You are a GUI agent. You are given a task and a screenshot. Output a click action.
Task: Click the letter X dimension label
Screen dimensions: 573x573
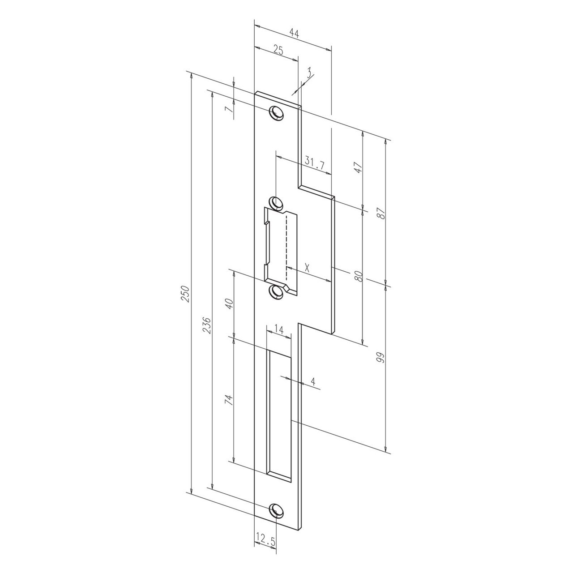click(307, 269)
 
